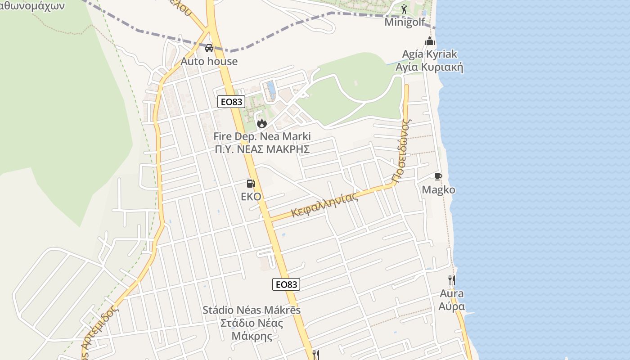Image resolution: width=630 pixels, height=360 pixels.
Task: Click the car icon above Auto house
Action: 209,48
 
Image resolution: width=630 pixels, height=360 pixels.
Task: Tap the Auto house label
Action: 209,61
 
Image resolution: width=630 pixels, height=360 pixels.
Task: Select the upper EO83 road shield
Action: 231,102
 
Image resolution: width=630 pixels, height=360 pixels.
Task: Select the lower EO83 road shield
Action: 286,284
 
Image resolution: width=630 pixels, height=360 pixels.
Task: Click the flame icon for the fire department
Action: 262,123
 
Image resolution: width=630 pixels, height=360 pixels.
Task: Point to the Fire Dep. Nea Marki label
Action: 262,136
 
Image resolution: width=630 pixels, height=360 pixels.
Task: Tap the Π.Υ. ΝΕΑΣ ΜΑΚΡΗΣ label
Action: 262,149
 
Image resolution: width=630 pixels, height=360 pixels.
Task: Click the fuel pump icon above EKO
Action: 251,183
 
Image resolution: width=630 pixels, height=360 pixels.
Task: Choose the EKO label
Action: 251,196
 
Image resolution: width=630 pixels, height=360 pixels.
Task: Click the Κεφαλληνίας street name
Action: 325,204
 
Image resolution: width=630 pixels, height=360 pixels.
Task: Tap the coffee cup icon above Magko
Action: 438,176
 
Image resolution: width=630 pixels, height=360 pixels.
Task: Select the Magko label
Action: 438,189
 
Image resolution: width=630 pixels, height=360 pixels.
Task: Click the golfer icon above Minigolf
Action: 404,9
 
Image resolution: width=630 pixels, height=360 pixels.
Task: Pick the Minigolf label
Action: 405,22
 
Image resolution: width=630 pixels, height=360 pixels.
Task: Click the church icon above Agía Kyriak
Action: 430,41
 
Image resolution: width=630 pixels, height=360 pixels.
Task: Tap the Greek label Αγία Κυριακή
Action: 429,67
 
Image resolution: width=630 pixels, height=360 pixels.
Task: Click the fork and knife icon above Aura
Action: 452,280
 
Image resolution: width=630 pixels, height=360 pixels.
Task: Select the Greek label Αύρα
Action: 452,306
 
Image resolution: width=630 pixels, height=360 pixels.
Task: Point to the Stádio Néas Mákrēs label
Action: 252,310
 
